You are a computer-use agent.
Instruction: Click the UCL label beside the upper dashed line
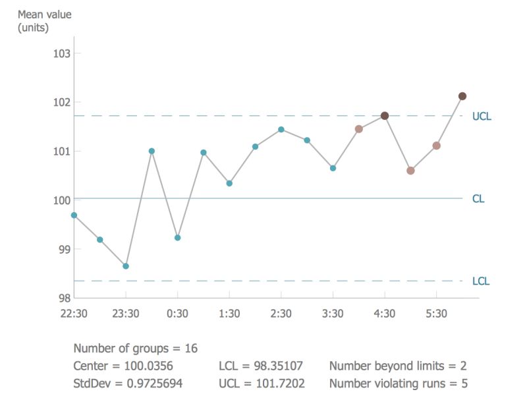click(482, 116)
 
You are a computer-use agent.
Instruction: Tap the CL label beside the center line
click(478, 198)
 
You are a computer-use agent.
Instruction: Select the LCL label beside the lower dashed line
click(481, 281)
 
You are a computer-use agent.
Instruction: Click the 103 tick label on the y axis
click(61, 53)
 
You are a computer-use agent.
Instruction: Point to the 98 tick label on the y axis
click(64, 298)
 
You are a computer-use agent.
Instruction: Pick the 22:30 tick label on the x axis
click(74, 314)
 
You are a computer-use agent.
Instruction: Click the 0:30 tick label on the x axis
click(177, 314)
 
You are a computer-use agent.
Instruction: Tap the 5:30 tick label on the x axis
click(436, 314)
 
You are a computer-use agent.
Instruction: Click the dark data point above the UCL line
click(462, 96)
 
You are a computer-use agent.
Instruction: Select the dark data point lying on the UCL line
click(385, 115)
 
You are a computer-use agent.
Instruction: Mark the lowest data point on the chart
click(126, 266)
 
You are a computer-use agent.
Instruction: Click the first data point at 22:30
click(74, 215)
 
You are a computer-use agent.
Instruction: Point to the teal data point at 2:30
click(281, 129)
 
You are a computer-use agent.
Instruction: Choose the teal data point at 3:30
click(333, 168)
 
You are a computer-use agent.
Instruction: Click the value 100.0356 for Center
click(148, 366)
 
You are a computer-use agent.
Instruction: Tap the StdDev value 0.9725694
click(151, 383)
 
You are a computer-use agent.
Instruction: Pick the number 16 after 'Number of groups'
click(191, 349)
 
